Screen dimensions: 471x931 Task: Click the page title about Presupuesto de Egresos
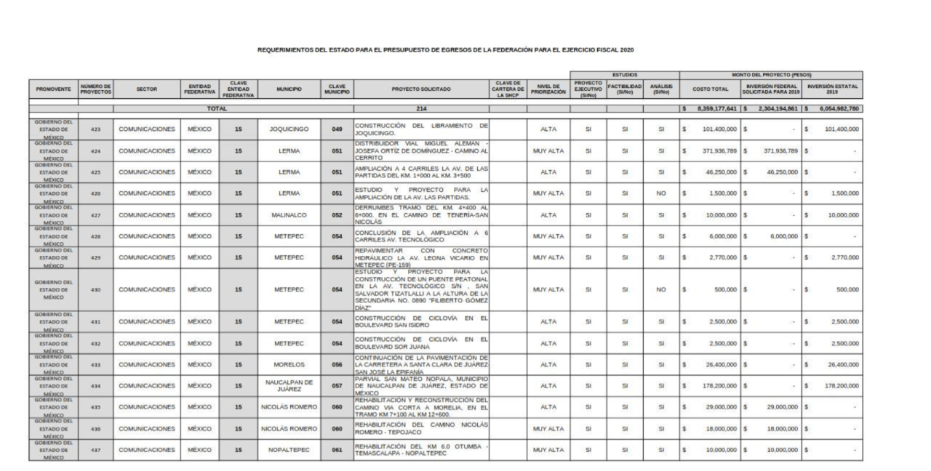(446, 49)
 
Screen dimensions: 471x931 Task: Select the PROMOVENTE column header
(53, 89)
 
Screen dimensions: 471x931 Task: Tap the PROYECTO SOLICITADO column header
(421, 89)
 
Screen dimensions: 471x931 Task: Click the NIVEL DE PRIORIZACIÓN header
(548, 89)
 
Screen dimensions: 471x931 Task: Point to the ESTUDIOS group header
(624, 74)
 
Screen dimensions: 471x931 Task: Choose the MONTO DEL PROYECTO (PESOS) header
(771, 74)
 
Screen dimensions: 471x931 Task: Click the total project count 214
(421, 108)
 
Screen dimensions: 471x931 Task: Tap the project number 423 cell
(96, 129)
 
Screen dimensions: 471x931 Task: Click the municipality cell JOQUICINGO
(289, 129)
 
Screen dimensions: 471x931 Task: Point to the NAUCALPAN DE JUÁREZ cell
(289, 385)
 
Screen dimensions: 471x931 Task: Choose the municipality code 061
(337, 450)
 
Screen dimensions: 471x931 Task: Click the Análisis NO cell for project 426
(660, 194)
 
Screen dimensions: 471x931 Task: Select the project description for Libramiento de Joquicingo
(421, 129)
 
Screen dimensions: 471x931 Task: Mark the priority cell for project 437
(548, 450)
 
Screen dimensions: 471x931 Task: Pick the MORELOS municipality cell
(289, 364)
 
